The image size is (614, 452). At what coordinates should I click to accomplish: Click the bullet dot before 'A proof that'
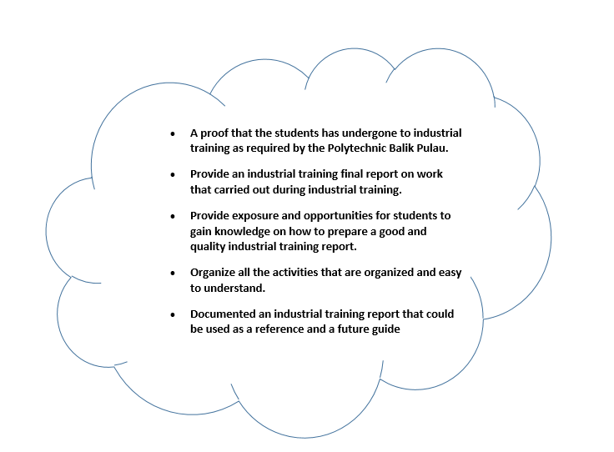(172, 133)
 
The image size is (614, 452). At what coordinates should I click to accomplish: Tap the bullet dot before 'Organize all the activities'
(172, 273)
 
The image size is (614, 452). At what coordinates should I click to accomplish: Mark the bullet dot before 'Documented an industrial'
(172, 314)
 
